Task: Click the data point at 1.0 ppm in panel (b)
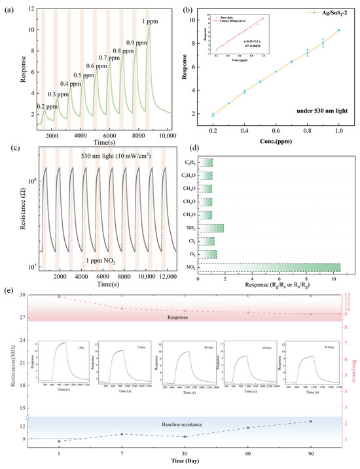coord(338,30)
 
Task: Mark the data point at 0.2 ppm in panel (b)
coord(213,115)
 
